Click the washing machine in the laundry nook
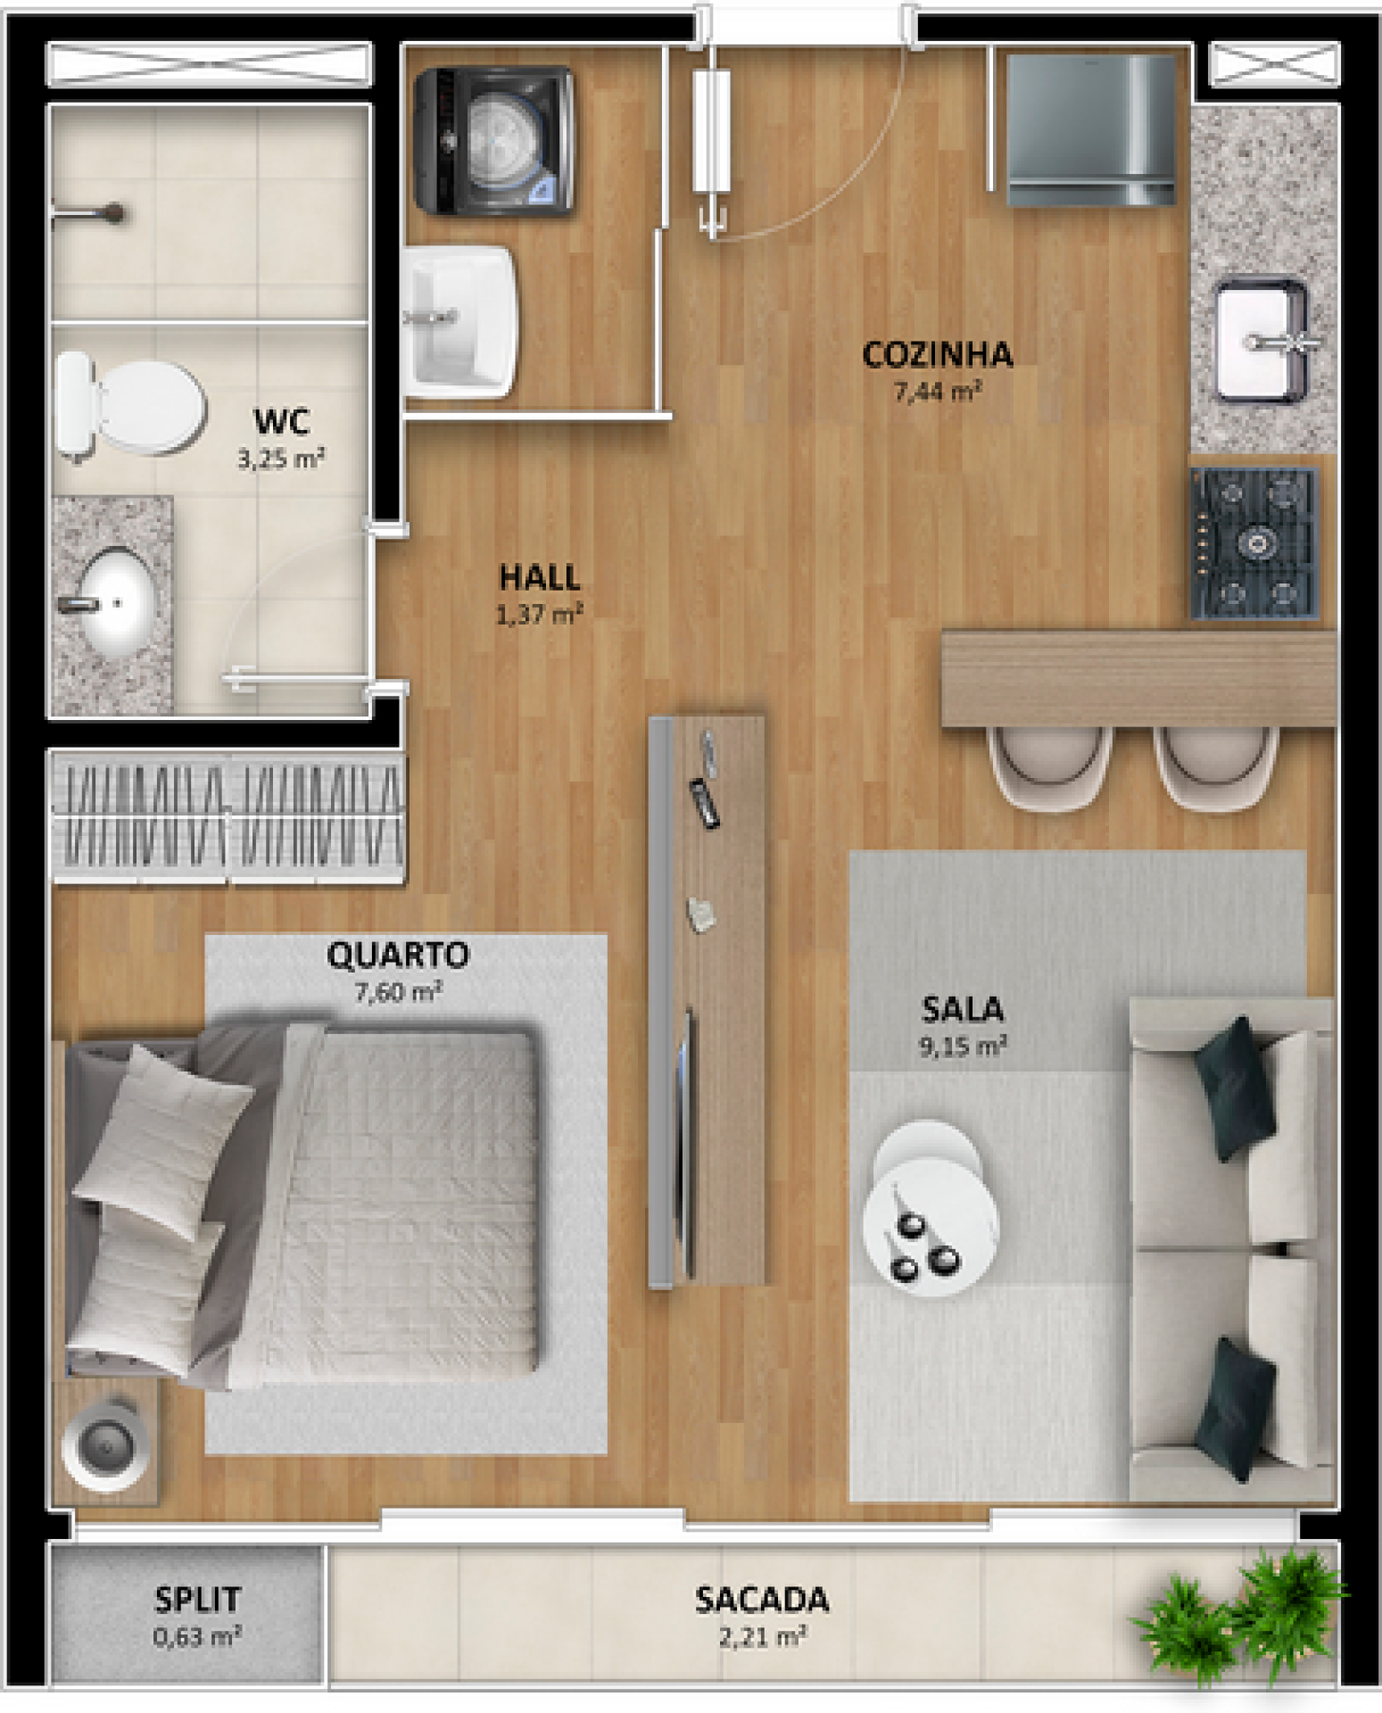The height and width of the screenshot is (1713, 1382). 494,141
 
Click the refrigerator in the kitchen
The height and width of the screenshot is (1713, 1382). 1091,130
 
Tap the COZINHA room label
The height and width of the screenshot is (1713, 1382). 938,355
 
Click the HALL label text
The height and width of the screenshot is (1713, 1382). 540,577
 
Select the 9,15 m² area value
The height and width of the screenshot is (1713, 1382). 963,1046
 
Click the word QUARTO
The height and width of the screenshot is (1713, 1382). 398,956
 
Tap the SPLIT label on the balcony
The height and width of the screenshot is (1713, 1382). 197,1600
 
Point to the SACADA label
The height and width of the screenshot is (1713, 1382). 762,1601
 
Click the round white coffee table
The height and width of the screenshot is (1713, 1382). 930,1209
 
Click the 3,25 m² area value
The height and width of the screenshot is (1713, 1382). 281,459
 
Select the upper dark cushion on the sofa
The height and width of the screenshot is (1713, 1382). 1234,1088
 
